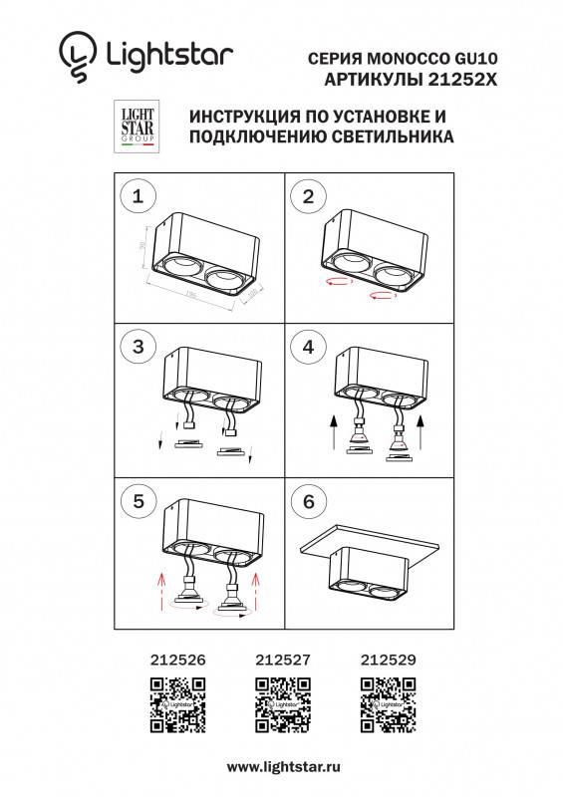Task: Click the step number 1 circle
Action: point(138,196)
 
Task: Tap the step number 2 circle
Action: point(308,196)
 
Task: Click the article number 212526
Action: point(177,659)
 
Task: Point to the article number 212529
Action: point(387,659)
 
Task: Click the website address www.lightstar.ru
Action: point(284,767)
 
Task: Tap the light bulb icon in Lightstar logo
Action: point(78,55)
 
